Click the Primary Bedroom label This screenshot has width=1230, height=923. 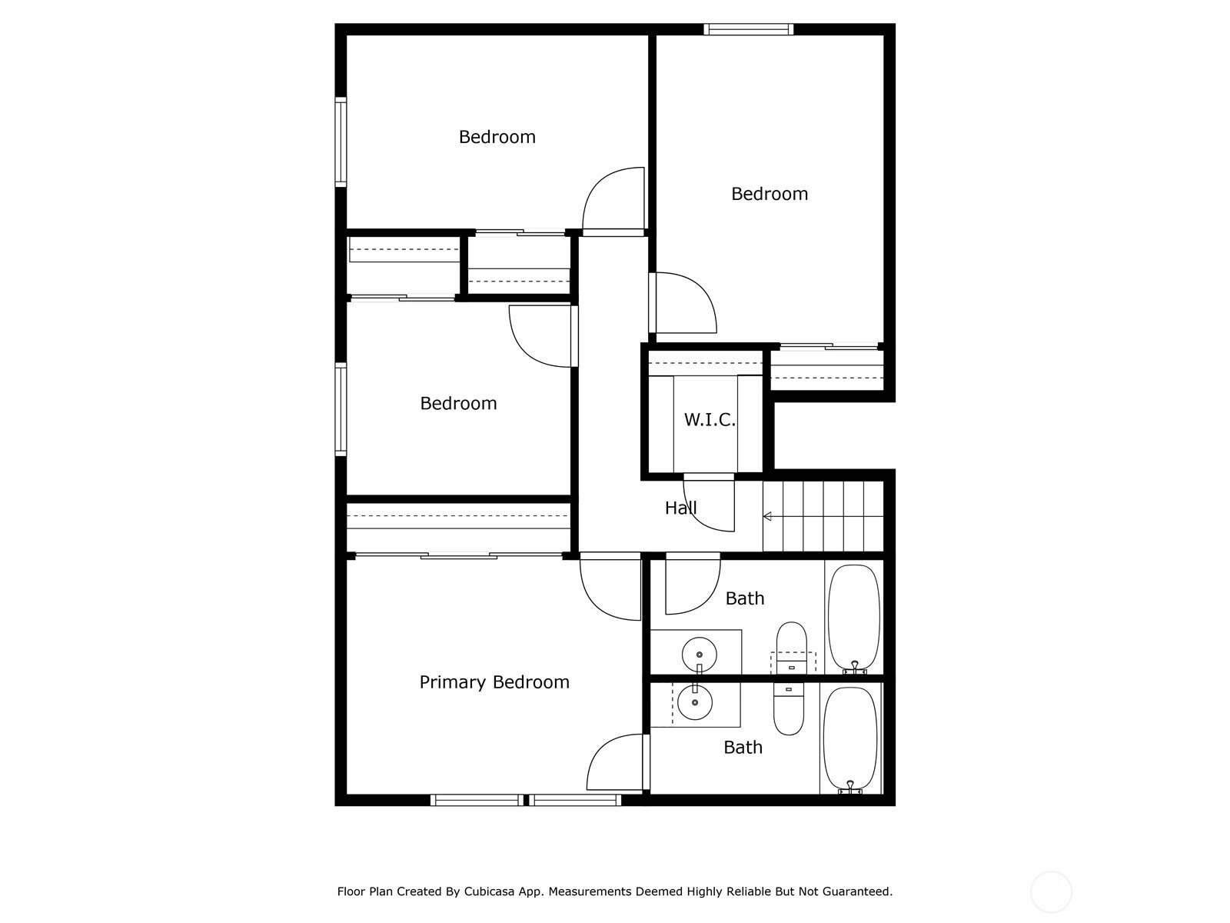tap(494, 682)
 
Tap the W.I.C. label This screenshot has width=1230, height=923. tap(710, 419)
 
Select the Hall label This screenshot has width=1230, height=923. tap(681, 508)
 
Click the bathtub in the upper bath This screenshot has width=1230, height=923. tap(854, 618)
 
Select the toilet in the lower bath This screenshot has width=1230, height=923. tap(789, 709)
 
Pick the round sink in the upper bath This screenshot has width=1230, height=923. tap(700, 654)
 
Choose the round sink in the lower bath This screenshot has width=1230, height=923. tap(695, 702)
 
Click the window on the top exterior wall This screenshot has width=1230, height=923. tap(749, 29)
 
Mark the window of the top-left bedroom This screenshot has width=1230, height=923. tap(341, 142)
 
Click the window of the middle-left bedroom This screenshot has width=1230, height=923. tap(341, 409)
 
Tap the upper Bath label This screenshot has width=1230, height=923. tap(745, 598)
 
